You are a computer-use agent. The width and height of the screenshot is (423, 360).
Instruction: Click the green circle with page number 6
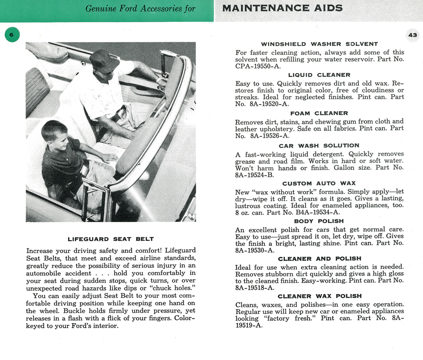(12, 35)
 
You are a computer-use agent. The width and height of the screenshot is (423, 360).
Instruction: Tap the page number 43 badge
(412, 35)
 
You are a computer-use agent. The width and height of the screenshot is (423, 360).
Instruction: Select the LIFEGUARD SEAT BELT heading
(111, 239)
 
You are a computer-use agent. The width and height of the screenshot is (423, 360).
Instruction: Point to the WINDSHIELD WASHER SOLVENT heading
(319, 44)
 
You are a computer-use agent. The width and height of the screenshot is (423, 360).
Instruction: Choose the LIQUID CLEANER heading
(319, 75)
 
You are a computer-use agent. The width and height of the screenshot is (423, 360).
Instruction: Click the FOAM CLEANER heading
(319, 113)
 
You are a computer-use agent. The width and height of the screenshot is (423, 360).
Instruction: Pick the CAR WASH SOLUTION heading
(319, 146)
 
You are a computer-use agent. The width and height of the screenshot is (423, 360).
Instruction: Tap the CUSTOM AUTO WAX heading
(319, 183)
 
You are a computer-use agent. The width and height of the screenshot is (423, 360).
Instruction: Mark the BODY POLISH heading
(319, 221)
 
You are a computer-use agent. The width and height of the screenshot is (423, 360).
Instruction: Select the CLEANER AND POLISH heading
(319, 259)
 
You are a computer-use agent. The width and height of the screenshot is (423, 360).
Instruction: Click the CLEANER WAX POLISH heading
(319, 296)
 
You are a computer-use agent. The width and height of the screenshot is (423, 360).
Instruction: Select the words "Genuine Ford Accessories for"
(140, 8)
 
